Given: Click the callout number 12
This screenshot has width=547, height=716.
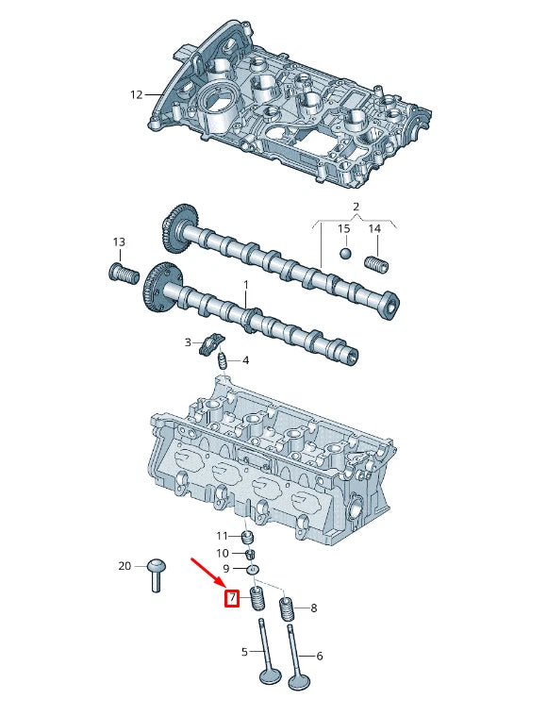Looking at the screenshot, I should tap(136, 94).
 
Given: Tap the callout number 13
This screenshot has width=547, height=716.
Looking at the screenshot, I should tap(119, 242).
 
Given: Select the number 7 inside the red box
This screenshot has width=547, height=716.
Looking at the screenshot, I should tap(231, 597).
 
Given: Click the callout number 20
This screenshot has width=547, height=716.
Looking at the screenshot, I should tap(124, 566).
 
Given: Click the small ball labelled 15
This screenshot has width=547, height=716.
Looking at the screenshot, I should tap(345, 254).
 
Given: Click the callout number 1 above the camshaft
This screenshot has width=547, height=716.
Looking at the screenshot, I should tap(246, 284).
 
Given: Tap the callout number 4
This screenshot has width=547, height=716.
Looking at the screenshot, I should tap(245, 360).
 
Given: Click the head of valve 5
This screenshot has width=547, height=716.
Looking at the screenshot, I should tap(269, 677).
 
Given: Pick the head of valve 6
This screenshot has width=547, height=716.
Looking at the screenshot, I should tap(300, 679).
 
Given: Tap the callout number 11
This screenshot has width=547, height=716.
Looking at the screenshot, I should tap(223, 536).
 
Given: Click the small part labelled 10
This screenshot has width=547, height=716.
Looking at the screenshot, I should tap(252, 553).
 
